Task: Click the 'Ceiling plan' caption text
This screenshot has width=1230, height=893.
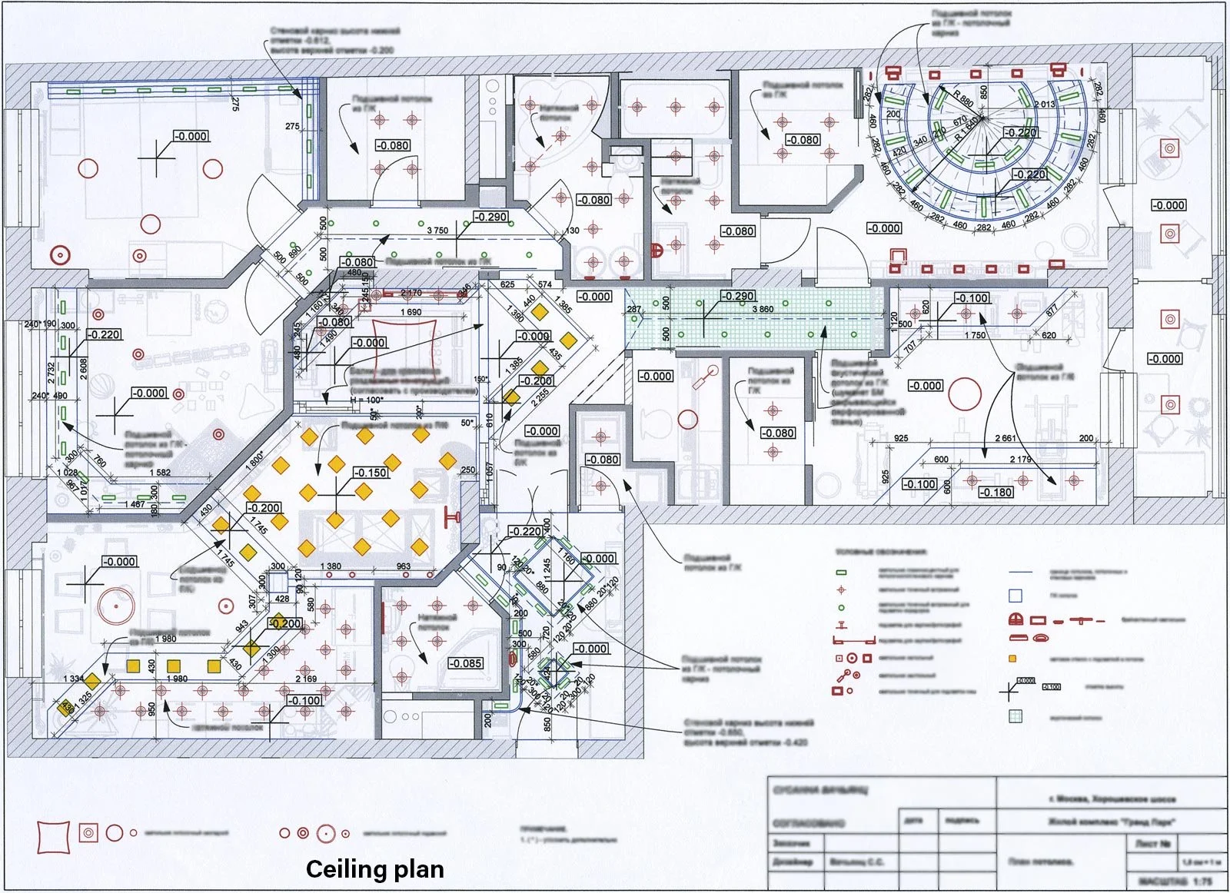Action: [x=374, y=869]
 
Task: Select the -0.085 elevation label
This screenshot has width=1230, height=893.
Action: [x=465, y=663]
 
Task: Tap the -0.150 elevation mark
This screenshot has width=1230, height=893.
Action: [x=371, y=473]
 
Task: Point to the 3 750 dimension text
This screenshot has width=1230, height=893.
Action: [x=437, y=231]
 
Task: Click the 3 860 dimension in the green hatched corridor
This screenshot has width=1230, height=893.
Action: [x=763, y=310]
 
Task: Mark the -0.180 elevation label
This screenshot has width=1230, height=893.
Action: [x=996, y=493]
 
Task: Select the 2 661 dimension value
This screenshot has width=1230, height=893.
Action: [x=1005, y=438]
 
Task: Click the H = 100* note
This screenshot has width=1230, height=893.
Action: [x=366, y=400]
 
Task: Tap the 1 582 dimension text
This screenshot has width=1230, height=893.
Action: [x=160, y=473]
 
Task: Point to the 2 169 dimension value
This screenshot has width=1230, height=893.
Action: [x=306, y=679]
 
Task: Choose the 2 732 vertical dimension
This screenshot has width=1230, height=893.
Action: [x=52, y=373]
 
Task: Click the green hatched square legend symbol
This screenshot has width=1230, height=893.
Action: [x=1016, y=716]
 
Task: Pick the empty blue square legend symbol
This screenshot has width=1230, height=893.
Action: [x=1016, y=595]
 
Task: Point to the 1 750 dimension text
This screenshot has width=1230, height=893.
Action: [x=975, y=335]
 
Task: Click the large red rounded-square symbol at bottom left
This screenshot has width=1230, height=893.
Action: [x=53, y=836]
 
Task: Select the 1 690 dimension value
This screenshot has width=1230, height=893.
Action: [x=411, y=312]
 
